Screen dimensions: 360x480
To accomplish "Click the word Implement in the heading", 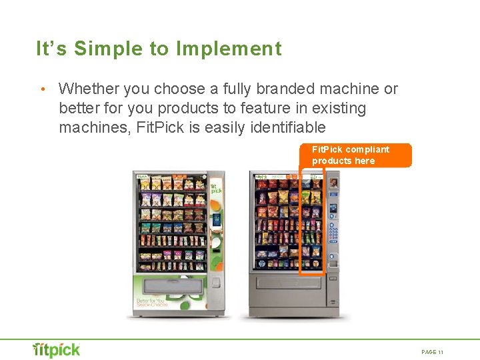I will (x=229, y=49).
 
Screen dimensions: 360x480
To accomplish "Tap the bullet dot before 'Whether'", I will (x=42, y=89).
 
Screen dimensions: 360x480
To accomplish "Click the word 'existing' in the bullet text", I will (x=337, y=108).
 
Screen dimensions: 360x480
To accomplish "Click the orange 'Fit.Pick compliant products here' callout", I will (x=356, y=155).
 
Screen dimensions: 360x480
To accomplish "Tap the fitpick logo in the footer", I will (x=57, y=349).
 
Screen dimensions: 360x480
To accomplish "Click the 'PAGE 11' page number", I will (x=433, y=352).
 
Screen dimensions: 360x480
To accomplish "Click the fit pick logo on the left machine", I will (x=216, y=189).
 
